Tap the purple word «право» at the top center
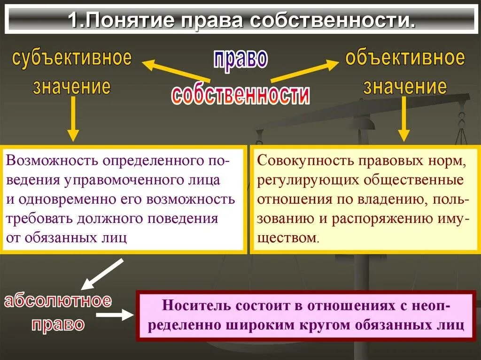(240, 59)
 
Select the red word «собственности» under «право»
(240, 94)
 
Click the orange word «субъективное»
(72, 58)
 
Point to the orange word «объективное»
(405, 58)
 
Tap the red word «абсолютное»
(58, 301)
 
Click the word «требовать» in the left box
(36, 219)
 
